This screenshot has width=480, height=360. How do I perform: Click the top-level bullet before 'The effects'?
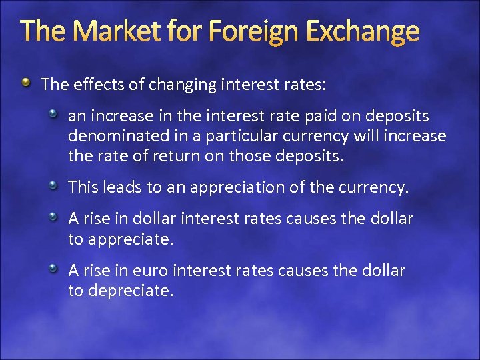point(26,83)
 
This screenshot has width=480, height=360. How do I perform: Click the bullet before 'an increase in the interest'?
point(54,115)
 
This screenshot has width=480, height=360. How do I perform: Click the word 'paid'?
point(304,117)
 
